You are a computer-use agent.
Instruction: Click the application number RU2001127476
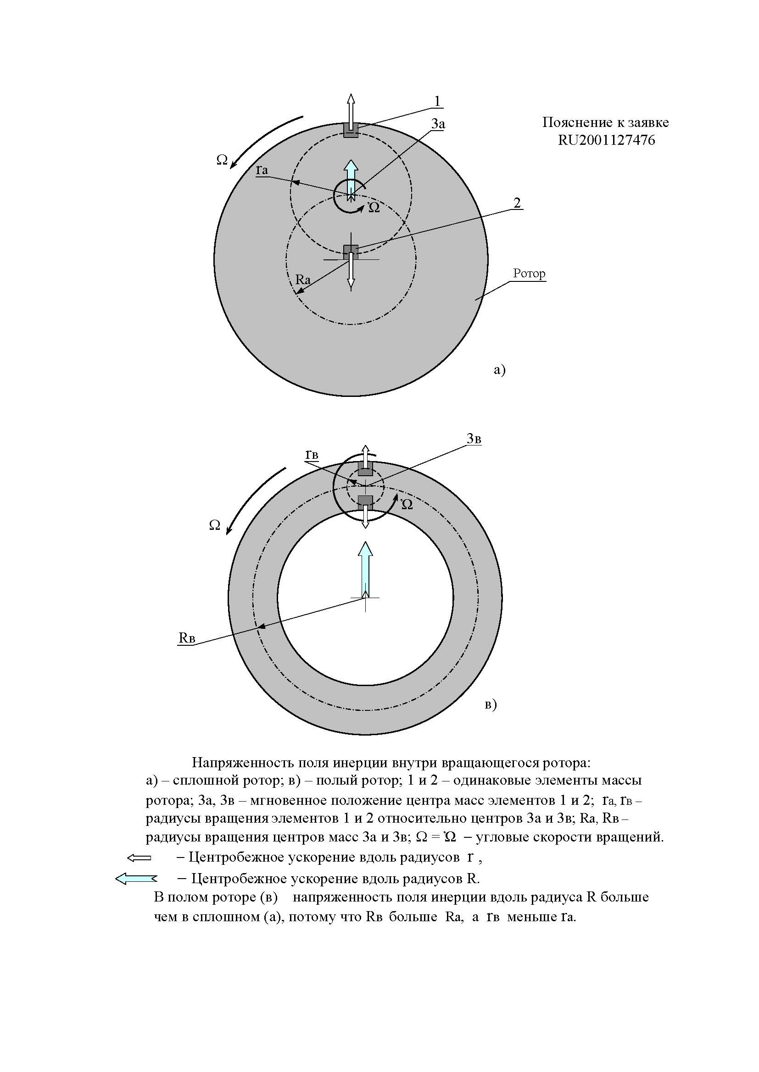pyautogui.click(x=606, y=140)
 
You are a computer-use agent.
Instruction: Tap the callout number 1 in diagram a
pyautogui.click(x=437, y=101)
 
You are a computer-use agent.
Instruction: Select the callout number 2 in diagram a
pyautogui.click(x=516, y=203)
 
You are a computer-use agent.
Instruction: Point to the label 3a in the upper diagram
pyautogui.click(x=438, y=124)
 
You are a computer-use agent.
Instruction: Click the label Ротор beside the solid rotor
pyautogui.click(x=529, y=273)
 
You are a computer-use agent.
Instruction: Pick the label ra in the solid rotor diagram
pyautogui.click(x=262, y=170)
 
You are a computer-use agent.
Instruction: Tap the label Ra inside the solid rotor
pyautogui.click(x=303, y=280)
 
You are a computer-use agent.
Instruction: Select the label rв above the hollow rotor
pyautogui.click(x=312, y=454)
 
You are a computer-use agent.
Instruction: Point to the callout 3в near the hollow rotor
pyautogui.click(x=474, y=439)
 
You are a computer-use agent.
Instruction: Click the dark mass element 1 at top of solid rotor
pyautogui.click(x=351, y=130)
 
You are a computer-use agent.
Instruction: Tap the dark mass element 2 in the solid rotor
pyautogui.click(x=351, y=252)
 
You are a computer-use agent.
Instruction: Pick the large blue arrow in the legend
pyautogui.click(x=135, y=879)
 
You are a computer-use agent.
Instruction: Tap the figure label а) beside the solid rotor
pyautogui.click(x=499, y=370)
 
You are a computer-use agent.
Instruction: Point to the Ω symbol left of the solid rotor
pyautogui.click(x=222, y=160)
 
